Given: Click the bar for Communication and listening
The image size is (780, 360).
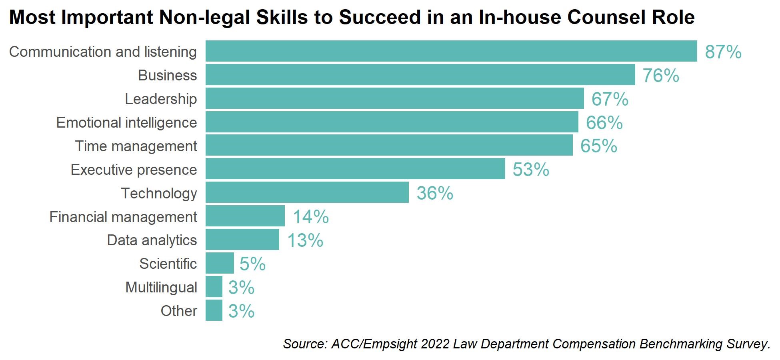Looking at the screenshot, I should (x=451, y=51).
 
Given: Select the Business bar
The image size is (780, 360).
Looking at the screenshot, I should (x=420, y=75).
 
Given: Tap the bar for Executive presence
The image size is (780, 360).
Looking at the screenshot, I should (x=355, y=169).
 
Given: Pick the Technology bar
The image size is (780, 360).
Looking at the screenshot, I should (x=307, y=192).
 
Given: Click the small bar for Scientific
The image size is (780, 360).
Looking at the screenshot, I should (x=220, y=263).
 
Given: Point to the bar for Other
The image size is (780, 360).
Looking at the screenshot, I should (x=214, y=310).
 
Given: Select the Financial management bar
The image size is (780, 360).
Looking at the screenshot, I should (x=245, y=216).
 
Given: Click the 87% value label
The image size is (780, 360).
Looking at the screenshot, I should (x=723, y=52).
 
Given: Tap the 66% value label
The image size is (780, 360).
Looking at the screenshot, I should (x=604, y=122).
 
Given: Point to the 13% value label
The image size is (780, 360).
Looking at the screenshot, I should (x=305, y=240).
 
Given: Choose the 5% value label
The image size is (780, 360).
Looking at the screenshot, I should (x=252, y=264).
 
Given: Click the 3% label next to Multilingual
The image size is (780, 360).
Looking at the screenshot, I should (x=241, y=287).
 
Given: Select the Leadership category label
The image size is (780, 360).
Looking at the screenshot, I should (x=161, y=99).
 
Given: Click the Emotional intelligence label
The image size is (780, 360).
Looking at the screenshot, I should (x=126, y=122).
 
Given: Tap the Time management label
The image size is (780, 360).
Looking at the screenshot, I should (x=136, y=146).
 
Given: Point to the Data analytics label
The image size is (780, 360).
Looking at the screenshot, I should (x=152, y=240).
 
